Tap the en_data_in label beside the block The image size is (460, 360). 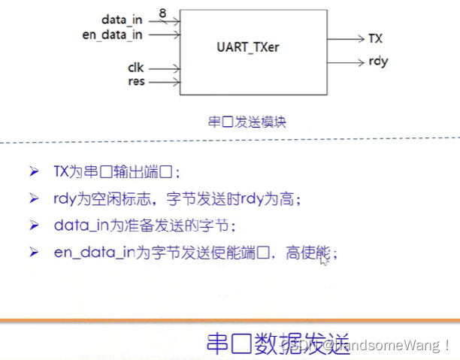113,34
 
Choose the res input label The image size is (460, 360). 136,81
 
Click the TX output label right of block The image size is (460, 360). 376,38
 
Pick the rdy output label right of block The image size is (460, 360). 379,62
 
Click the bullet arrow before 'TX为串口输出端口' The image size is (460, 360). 34,171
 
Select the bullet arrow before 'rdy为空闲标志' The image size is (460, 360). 34,198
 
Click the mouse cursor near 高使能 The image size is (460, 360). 323,259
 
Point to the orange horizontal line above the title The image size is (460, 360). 230,321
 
